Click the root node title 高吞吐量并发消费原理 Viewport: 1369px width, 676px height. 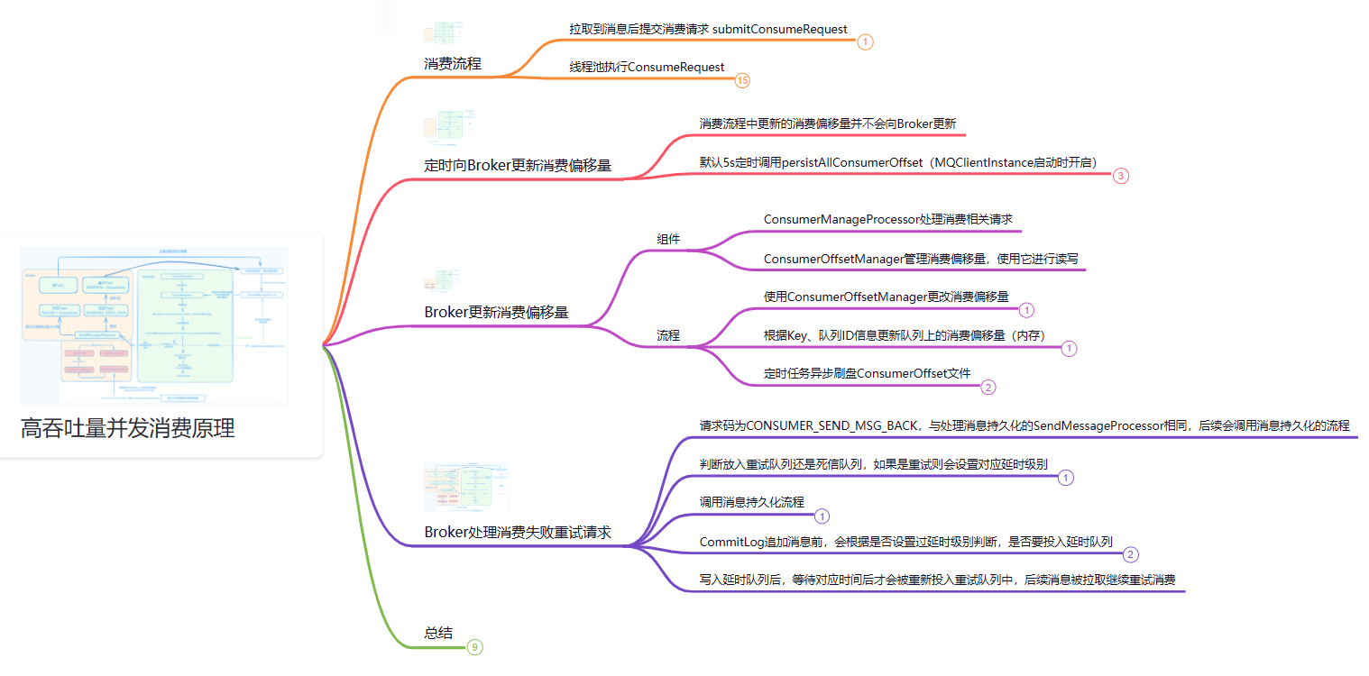[x=128, y=429]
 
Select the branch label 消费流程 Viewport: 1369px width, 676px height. [x=453, y=64]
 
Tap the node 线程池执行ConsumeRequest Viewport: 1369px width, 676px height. [x=647, y=68]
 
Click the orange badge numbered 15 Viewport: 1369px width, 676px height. [x=742, y=81]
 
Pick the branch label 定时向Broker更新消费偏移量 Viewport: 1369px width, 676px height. [x=518, y=166]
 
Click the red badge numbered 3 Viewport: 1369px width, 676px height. [x=1120, y=177]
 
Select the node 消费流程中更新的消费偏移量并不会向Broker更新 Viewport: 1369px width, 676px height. [x=827, y=123]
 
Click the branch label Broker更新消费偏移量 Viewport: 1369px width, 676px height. [x=496, y=313]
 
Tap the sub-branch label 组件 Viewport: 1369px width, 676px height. [x=668, y=240]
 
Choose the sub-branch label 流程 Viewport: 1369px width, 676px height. [x=668, y=336]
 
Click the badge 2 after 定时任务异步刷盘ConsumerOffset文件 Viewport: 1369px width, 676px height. [x=988, y=388]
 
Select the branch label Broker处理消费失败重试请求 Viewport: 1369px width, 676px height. [x=518, y=533]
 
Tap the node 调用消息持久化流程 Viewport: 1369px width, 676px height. [x=751, y=503]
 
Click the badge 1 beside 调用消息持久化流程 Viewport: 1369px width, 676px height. [x=822, y=516]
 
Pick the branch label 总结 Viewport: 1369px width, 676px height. [x=438, y=633]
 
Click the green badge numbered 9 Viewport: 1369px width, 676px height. [x=475, y=647]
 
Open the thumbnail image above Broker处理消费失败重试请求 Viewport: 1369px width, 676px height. [x=466, y=488]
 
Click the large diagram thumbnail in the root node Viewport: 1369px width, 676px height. [x=154, y=325]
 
